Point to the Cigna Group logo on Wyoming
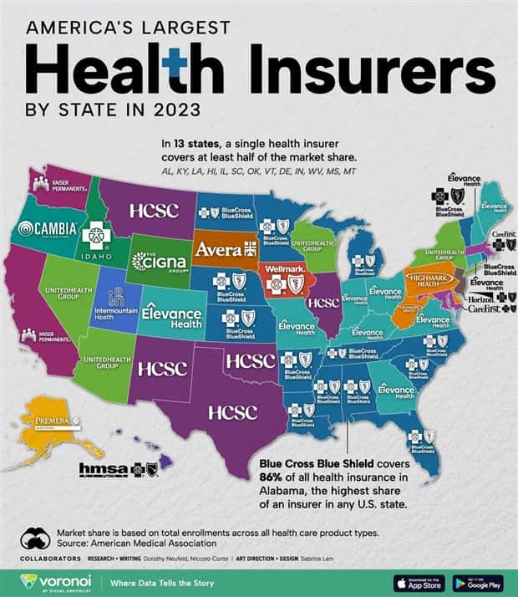[159, 262]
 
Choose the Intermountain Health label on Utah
[115, 305]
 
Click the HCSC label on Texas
[232, 412]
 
